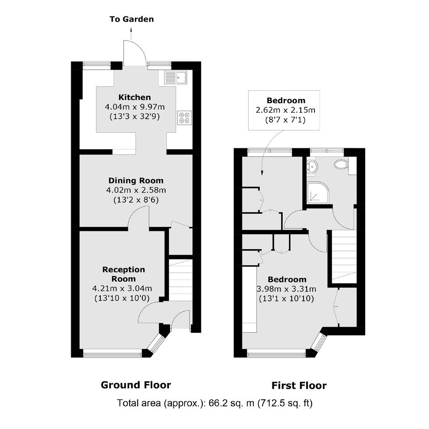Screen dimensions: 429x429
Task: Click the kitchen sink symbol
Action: point(175,78)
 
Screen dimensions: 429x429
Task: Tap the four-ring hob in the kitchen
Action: point(184,118)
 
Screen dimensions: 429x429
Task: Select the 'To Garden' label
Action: point(131,19)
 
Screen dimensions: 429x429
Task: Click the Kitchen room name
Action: point(135,97)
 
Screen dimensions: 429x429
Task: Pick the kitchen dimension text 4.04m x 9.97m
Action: point(135,107)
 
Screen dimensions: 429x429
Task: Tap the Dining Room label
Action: point(136,181)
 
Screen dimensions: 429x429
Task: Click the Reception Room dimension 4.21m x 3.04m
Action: point(122,288)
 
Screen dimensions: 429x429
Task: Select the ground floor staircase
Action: point(181,280)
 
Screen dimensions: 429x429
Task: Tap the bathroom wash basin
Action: point(312,166)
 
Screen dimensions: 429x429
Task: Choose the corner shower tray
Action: point(318,193)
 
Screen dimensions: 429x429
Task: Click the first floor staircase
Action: point(344,257)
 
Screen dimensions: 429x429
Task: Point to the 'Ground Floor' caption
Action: point(136,385)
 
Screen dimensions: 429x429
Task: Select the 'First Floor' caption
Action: point(299,386)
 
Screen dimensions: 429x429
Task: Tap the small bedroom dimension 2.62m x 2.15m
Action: point(285,110)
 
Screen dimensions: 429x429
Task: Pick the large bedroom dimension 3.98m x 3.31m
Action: point(287,289)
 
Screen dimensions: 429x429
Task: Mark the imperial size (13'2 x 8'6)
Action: point(136,200)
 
